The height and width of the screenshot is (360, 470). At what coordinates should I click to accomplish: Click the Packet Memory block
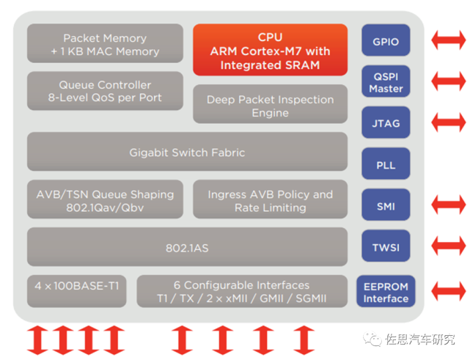[105, 44]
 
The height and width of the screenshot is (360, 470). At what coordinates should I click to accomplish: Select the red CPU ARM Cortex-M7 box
[270, 50]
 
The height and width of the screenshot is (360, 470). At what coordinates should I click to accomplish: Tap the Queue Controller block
[105, 91]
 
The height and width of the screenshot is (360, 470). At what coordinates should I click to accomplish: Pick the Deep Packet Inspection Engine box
[270, 106]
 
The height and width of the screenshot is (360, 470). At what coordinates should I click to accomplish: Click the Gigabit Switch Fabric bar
[187, 153]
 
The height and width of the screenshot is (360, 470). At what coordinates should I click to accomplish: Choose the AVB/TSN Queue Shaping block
[105, 199]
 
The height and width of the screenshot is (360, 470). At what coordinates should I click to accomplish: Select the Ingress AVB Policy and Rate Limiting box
[270, 199]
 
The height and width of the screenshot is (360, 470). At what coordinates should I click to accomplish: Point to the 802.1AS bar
[187, 247]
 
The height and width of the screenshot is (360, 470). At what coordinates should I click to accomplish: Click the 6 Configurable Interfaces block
[242, 291]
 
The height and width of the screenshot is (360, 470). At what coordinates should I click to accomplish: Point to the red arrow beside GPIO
[447, 40]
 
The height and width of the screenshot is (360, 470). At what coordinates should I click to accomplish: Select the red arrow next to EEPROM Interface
[447, 291]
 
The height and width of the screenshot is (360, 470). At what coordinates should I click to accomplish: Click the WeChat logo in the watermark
[374, 339]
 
